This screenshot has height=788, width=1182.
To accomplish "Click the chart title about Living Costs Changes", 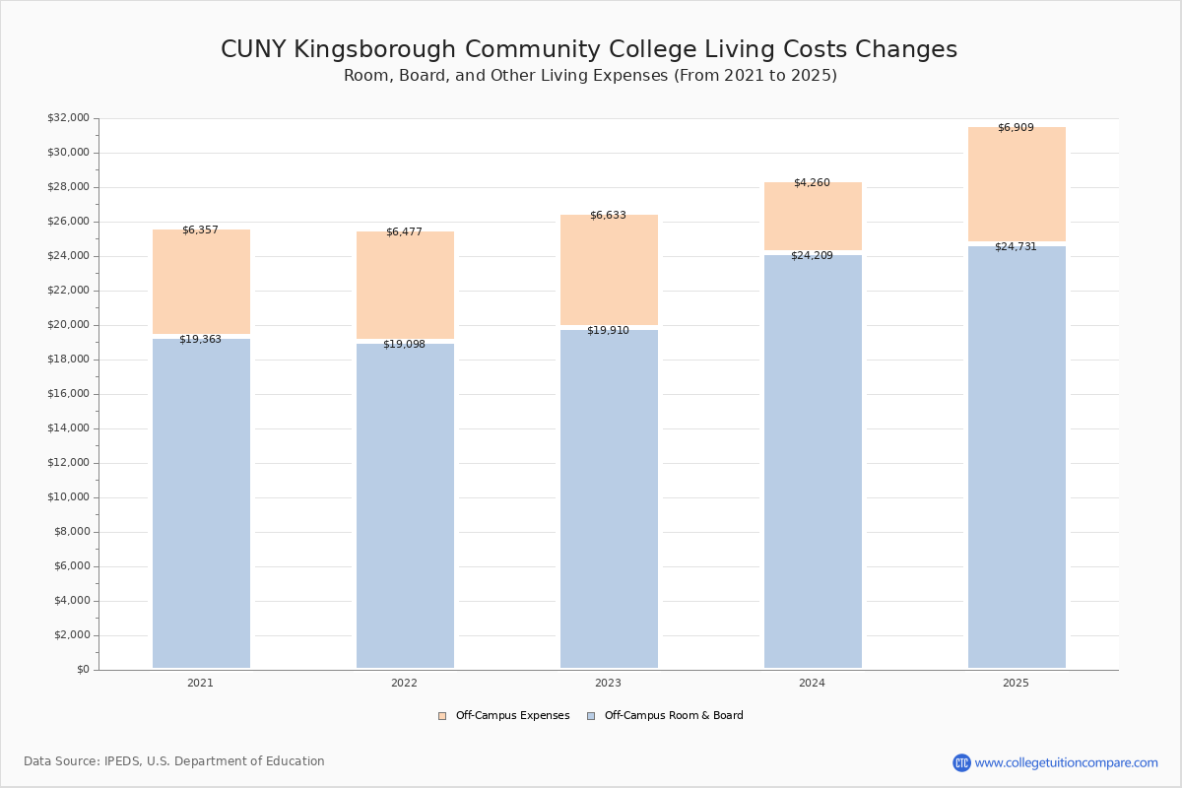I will [x=589, y=50].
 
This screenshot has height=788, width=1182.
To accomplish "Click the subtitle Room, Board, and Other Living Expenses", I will [x=590, y=76].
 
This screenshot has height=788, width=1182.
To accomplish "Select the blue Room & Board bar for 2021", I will [x=201, y=502].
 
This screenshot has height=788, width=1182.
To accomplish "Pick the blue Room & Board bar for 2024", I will [x=813, y=463].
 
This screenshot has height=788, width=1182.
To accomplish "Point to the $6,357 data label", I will [x=200, y=230].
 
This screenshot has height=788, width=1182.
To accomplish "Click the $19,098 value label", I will [x=404, y=345].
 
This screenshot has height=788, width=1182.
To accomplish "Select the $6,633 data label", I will [x=608, y=216].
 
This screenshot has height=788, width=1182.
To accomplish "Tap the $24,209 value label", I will [x=812, y=256].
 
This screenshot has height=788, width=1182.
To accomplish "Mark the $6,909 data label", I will [x=1016, y=128].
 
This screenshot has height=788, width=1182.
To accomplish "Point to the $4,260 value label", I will [x=812, y=183].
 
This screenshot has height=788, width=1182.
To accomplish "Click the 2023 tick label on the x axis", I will [x=608, y=684].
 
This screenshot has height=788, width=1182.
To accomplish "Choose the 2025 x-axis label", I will [x=1016, y=684].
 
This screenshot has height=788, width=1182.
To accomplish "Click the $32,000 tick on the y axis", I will [x=68, y=118].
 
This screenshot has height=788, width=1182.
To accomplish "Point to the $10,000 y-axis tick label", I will [x=68, y=497].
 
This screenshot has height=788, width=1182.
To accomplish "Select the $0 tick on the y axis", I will [x=83, y=670].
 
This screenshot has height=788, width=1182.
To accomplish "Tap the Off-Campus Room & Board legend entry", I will [x=673, y=716].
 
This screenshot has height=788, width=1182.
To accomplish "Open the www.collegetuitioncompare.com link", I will [x=1066, y=763].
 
